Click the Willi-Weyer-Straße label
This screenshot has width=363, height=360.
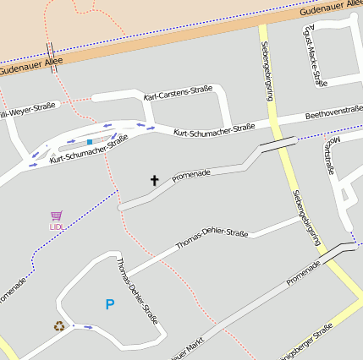tap(27, 109)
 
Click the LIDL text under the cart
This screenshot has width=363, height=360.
tap(57, 226)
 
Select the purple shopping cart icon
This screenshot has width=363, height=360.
tap(56, 215)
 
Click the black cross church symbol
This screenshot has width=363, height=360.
tap(154, 179)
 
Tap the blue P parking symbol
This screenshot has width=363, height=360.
tap(109, 304)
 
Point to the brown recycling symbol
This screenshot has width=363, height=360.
tap(59, 325)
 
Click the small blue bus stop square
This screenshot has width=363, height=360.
tap(90, 142)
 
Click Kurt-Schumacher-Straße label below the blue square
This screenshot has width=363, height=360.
tap(89, 150)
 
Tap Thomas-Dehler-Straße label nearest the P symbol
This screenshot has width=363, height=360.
tap(137, 292)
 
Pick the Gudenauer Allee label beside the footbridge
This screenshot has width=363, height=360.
tap(30, 66)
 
